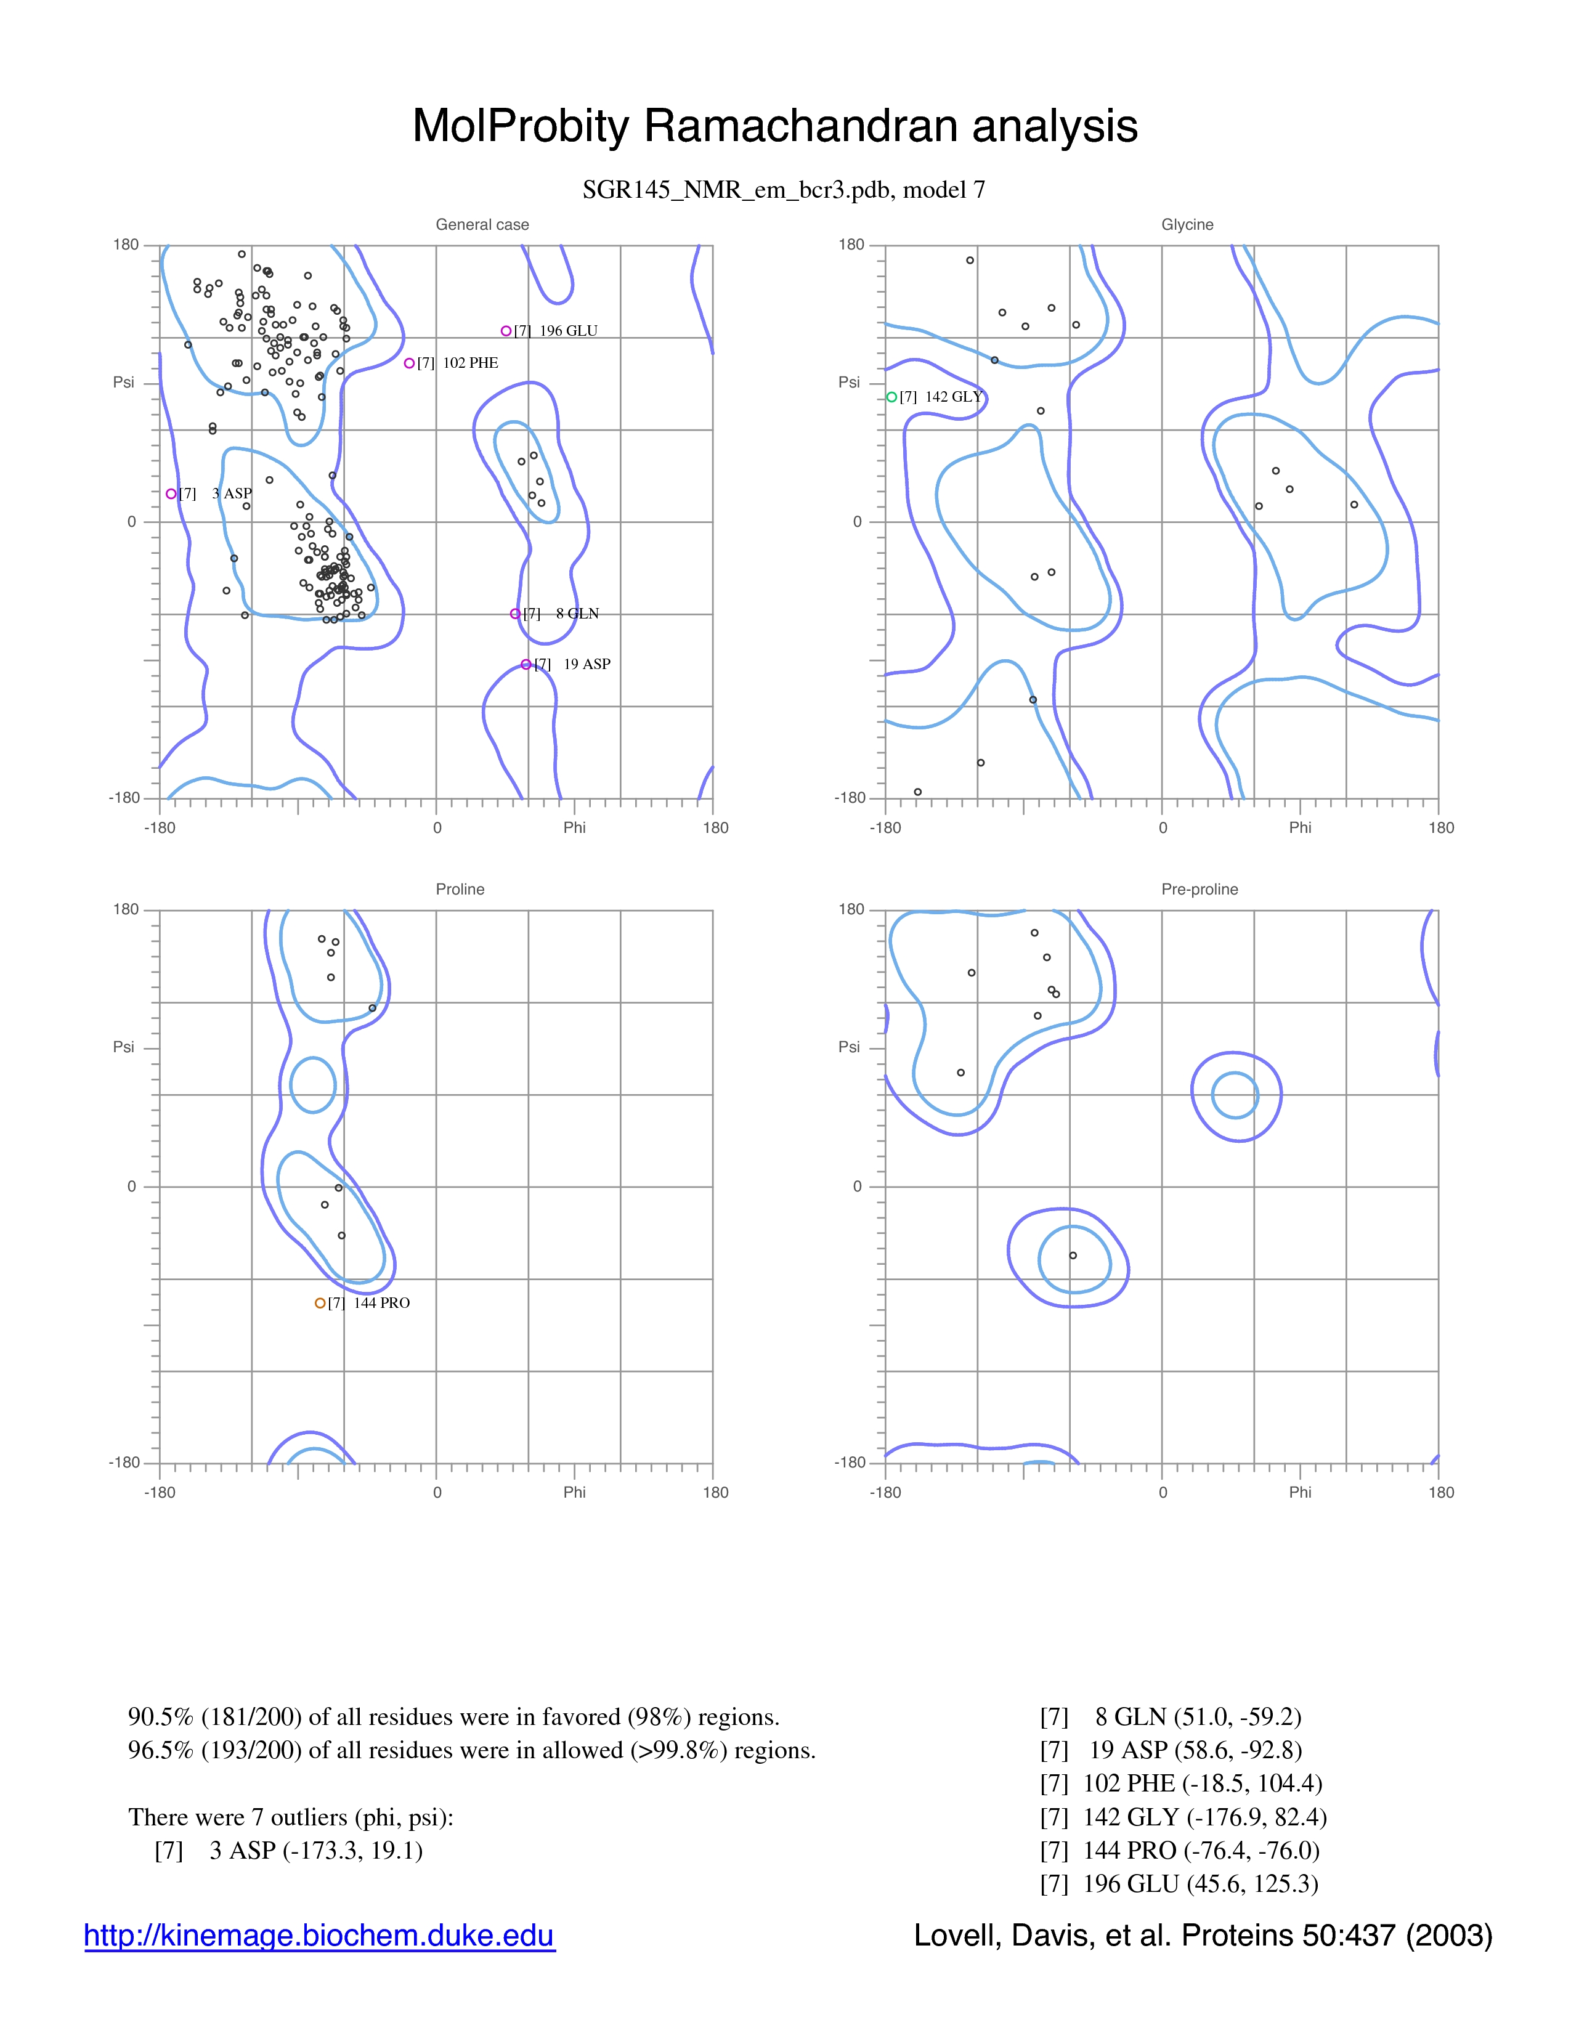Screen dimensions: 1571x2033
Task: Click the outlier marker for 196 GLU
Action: point(506,330)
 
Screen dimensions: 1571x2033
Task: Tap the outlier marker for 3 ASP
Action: point(171,493)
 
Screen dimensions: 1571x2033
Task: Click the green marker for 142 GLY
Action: point(891,397)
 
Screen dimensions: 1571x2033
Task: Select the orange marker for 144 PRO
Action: point(320,1303)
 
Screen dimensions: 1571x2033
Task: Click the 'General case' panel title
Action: point(482,224)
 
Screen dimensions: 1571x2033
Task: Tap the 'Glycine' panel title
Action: point(1188,224)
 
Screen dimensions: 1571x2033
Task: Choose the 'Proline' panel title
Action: point(460,889)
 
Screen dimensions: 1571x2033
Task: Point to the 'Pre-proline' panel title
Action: point(1200,889)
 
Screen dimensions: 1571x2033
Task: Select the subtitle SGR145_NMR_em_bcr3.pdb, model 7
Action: point(784,190)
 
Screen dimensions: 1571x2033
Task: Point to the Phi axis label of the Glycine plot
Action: point(1300,827)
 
